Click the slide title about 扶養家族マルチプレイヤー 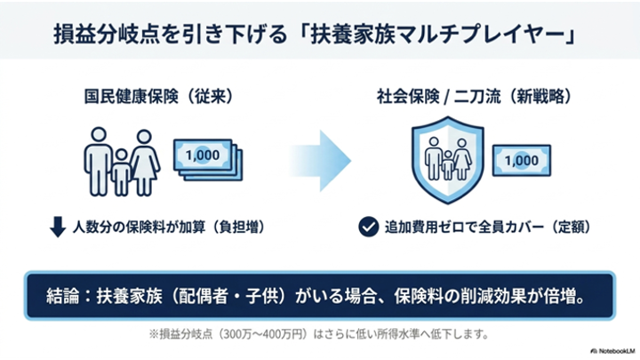315,34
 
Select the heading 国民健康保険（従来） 159,97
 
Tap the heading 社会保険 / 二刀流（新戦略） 475,97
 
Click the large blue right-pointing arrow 320,161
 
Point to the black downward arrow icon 58,227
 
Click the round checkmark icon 369,227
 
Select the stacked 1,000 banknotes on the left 208,160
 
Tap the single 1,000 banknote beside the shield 522,160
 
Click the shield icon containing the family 448,160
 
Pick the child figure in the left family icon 121,172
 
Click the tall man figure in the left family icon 99,162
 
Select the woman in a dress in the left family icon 145,163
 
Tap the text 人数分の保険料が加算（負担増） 169,227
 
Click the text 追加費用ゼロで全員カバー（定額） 487,227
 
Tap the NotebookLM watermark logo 613,351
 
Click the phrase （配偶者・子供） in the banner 229,296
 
